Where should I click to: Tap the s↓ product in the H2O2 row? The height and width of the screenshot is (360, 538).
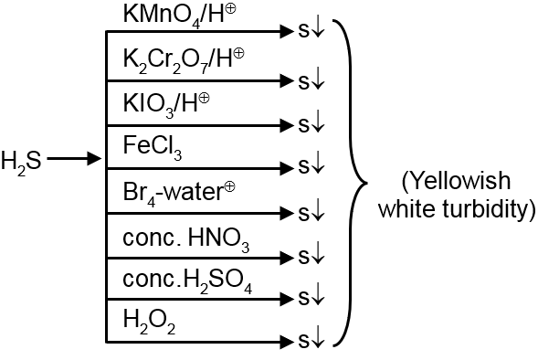pos(305,342)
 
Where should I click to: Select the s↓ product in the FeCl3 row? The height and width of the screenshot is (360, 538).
pos(305,167)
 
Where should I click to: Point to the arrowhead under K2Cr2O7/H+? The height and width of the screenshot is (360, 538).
pos(279,78)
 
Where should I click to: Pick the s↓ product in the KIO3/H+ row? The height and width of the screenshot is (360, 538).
pos(305,123)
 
